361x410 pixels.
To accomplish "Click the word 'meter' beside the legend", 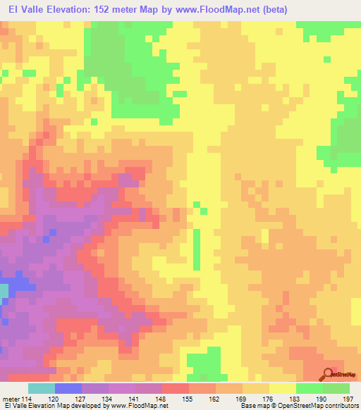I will tap(11, 398).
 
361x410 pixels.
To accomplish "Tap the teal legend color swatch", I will tap(41, 388).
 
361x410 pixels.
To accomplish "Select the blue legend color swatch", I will tap(68, 388).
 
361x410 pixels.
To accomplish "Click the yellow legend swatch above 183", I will tap(282, 388).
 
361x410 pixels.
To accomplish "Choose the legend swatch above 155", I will tap(175, 388).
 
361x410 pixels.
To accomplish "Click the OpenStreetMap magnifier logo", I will tap(328, 375).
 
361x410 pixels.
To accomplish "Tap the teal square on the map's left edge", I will tap(4, 290).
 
